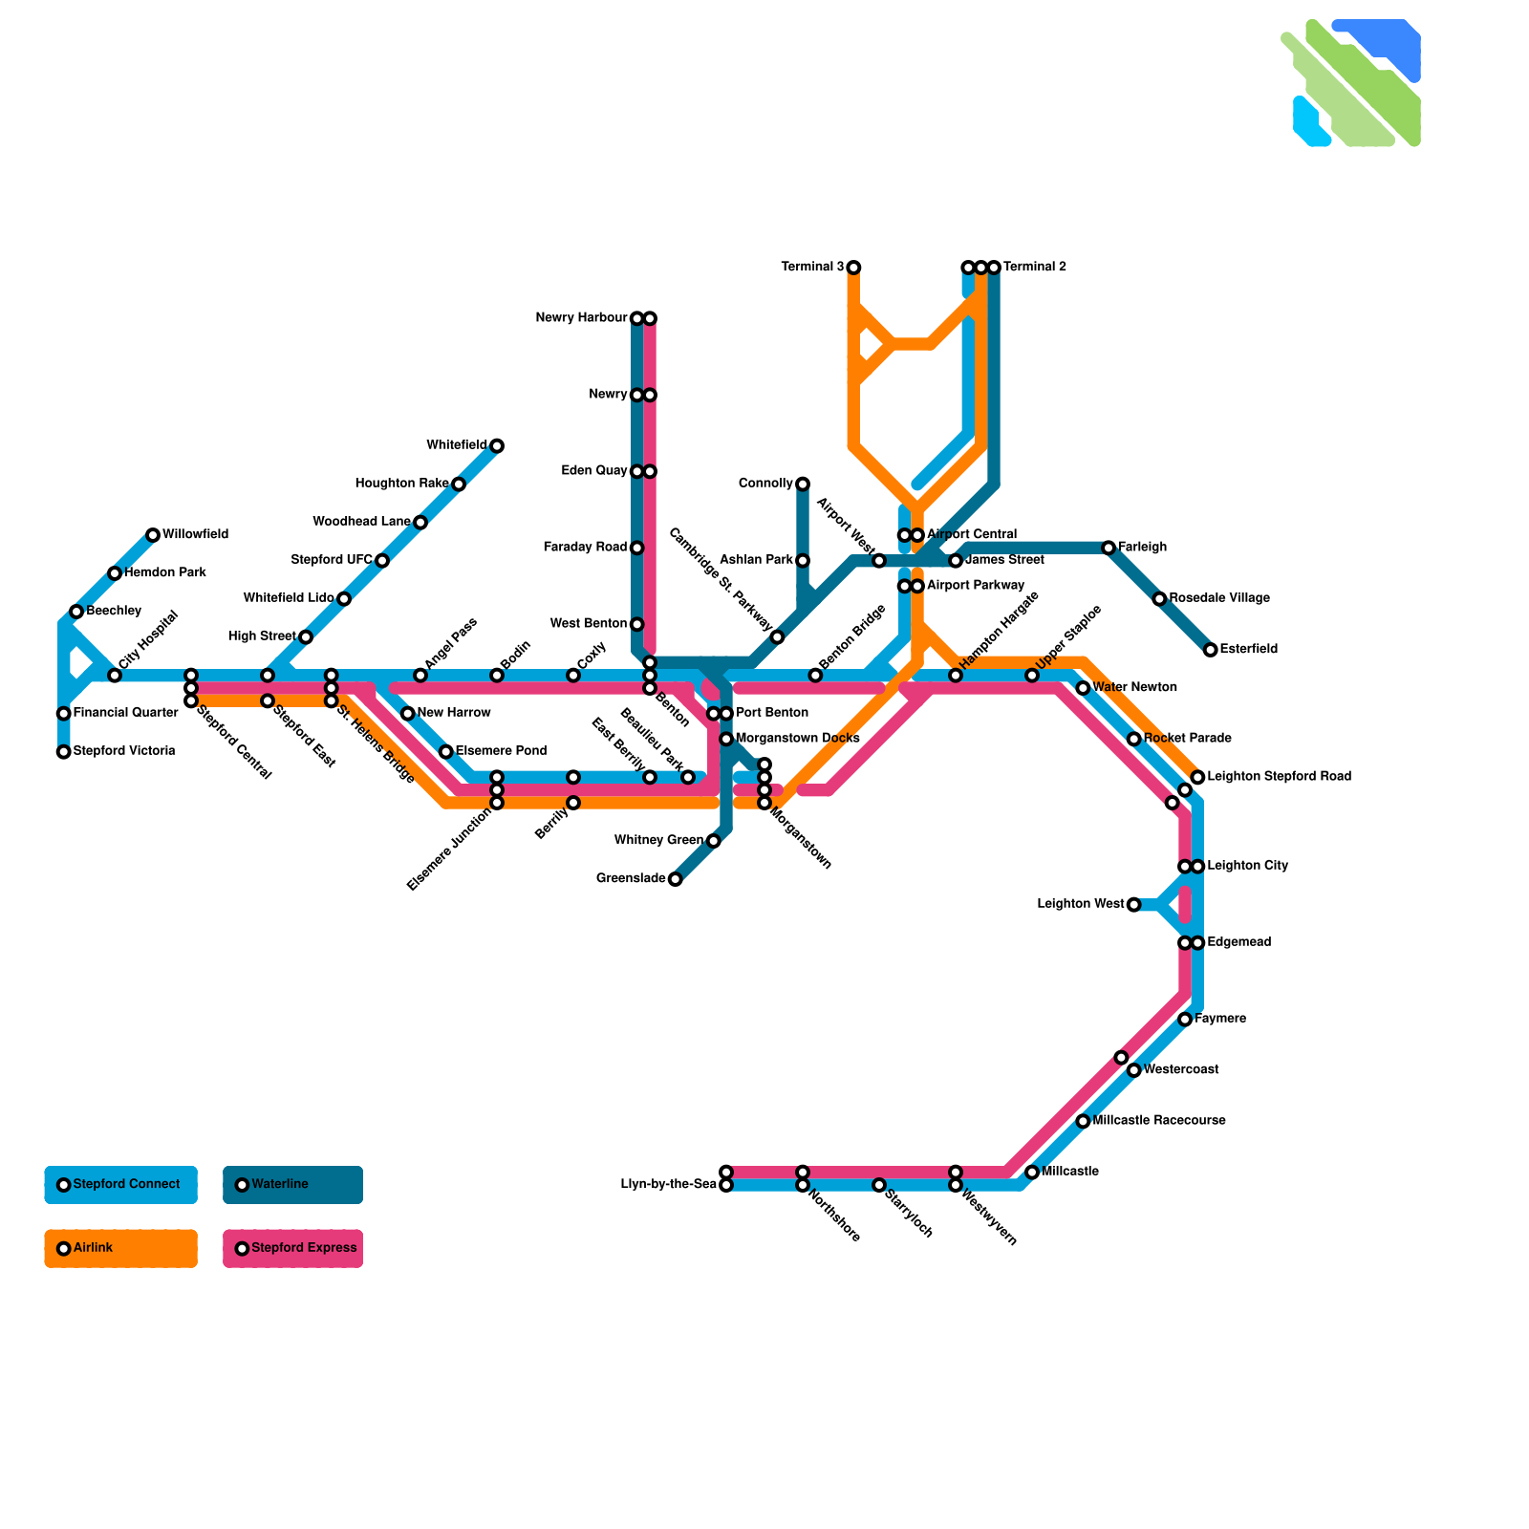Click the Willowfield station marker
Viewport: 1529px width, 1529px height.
coord(153,535)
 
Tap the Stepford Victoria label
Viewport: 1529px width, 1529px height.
coord(123,751)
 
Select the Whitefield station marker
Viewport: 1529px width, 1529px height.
coord(497,446)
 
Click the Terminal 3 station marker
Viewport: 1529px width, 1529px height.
coord(853,268)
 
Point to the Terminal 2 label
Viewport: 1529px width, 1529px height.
coord(1034,268)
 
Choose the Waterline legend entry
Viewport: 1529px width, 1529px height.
coord(292,1185)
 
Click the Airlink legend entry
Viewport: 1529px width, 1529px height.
coord(120,1248)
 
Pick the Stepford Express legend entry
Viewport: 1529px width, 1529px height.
coord(292,1248)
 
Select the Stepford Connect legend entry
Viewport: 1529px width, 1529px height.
coord(120,1185)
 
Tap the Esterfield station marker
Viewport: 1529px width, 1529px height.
coord(1210,650)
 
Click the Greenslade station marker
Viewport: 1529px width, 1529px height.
coord(675,879)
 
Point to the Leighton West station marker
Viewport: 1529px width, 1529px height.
coord(1133,905)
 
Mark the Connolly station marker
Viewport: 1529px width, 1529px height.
coord(803,485)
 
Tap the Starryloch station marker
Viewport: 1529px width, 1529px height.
coord(879,1185)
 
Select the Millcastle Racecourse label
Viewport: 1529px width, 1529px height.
coord(1158,1121)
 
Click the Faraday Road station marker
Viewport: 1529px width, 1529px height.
coord(636,548)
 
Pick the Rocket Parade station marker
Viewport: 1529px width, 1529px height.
coord(1133,739)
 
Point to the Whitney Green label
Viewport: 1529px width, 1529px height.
coord(658,841)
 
